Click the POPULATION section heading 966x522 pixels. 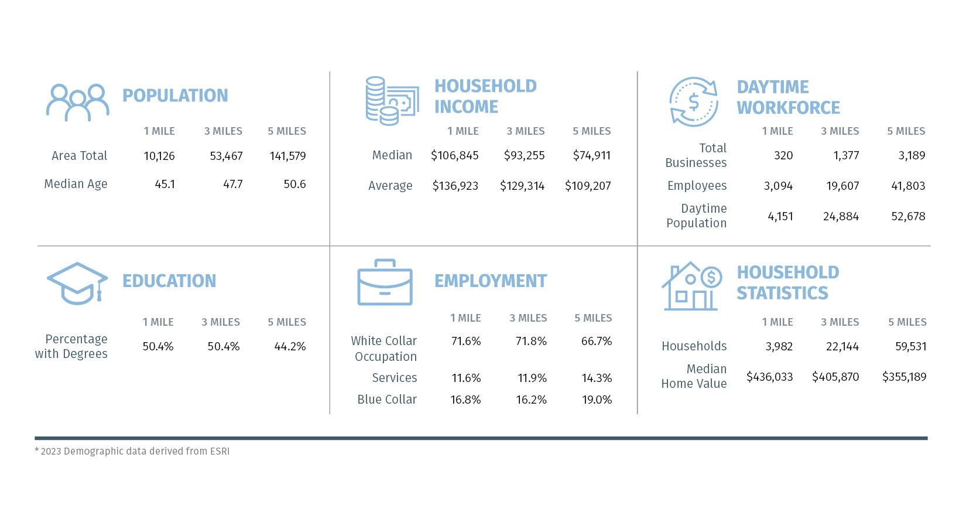[x=175, y=95]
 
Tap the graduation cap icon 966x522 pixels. [x=77, y=284]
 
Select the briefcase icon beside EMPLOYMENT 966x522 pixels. [x=385, y=282]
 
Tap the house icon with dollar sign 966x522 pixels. [x=691, y=286]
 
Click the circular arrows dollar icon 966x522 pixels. [x=694, y=102]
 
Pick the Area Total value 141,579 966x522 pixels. [x=287, y=156]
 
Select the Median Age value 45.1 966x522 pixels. [x=165, y=184]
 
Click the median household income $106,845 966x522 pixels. [x=454, y=155]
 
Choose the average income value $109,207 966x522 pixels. [x=588, y=186]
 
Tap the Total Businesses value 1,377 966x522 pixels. [x=846, y=155]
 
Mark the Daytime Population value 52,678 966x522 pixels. [x=908, y=216]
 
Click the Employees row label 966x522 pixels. [x=697, y=186]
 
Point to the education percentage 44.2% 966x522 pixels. [x=290, y=346]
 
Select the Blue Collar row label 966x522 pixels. [x=387, y=400]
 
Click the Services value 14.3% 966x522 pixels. [x=597, y=378]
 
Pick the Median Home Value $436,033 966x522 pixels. [x=769, y=377]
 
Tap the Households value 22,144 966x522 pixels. [x=842, y=346]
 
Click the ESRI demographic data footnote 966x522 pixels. [x=132, y=451]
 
